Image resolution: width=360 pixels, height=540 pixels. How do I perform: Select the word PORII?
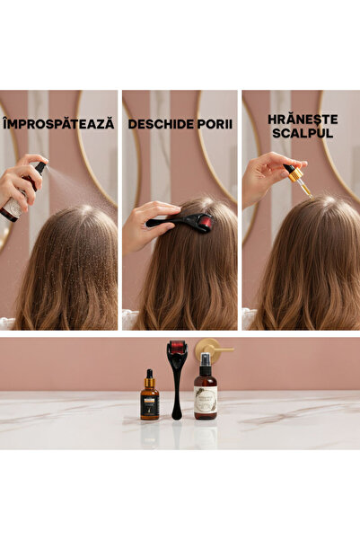click(215, 124)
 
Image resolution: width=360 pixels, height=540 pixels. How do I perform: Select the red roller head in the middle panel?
click(205, 222)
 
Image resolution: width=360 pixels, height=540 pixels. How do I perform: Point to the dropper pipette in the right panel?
click(298, 178)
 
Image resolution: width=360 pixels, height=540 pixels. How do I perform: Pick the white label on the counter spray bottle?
click(206, 401)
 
